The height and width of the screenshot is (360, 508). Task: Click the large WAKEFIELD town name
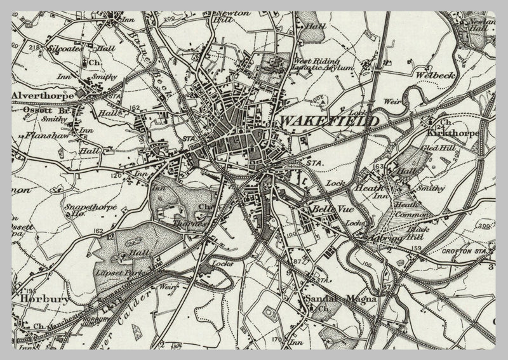coord(330,120)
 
